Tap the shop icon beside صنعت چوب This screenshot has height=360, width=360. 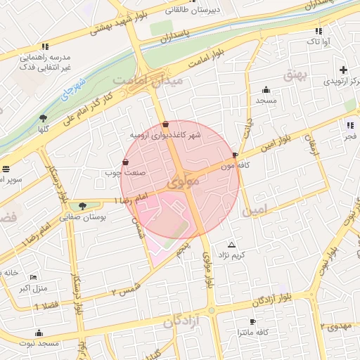pos(125,162)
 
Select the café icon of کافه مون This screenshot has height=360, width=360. pos(235,156)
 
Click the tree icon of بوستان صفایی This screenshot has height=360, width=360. pos(83,206)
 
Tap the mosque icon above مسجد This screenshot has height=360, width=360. pos(266,89)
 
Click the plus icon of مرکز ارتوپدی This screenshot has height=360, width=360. pos(343,70)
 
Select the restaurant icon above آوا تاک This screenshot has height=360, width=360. pos(319,31)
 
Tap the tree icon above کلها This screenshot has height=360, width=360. pos(44,118)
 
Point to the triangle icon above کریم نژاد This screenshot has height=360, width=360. pos(231,245)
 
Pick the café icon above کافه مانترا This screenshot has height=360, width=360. pos(252,321)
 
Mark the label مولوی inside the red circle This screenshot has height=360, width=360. pos(185,183)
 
